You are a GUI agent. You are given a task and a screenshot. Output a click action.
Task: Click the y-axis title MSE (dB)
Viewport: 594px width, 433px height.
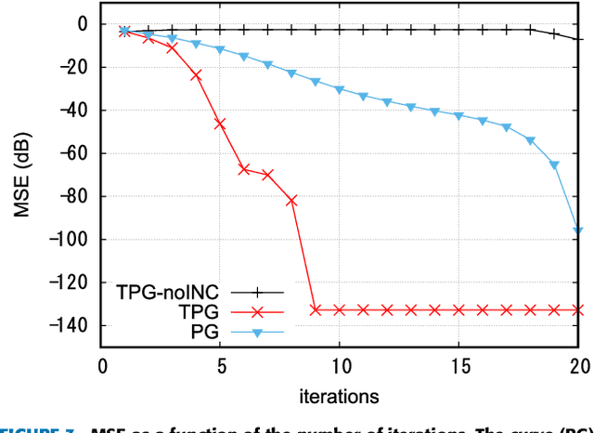point(21,174)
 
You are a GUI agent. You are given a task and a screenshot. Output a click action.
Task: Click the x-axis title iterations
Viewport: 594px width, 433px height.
point(339,396)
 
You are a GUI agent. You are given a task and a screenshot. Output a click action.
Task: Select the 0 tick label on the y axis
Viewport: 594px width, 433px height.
point(83,24)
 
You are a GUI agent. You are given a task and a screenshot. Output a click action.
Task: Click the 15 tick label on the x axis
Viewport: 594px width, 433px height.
point(458,366)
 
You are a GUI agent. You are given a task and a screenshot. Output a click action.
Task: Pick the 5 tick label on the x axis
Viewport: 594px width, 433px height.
point(220,366)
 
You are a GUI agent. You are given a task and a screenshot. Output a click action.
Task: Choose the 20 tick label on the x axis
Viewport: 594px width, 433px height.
point(577,366)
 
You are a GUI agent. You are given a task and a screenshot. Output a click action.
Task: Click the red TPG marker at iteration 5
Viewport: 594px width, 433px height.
point(220,123)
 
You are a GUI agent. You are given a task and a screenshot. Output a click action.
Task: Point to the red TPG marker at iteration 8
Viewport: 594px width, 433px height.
point(291,200)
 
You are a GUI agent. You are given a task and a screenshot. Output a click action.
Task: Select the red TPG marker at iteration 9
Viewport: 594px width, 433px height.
point(316,309)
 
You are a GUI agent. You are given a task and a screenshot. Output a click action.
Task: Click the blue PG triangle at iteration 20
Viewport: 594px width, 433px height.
point(577,230)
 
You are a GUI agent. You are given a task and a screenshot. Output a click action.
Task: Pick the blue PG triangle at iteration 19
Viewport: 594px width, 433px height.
point(554,165)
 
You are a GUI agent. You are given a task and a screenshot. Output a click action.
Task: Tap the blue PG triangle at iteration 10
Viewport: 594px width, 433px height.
point(340,89)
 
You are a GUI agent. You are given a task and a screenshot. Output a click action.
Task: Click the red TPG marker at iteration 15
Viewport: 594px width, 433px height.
point(458,309)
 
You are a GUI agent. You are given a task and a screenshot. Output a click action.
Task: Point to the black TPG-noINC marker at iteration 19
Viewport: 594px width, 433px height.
point(554,34)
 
